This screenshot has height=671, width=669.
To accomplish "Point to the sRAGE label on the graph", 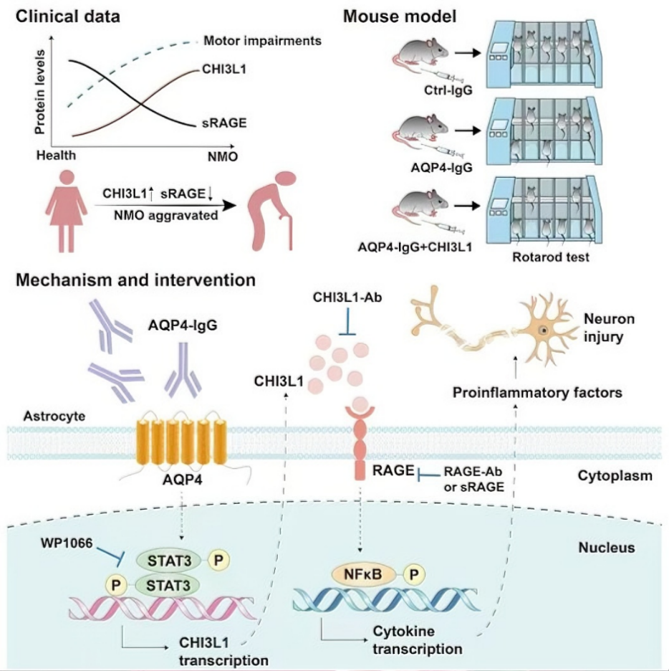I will pyautogui.click(x=225, y=123).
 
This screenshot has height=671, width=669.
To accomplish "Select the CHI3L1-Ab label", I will pyautogui.click(x=345, y=295).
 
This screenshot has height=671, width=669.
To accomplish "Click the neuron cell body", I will pyautogui.click(x=545, y=330).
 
